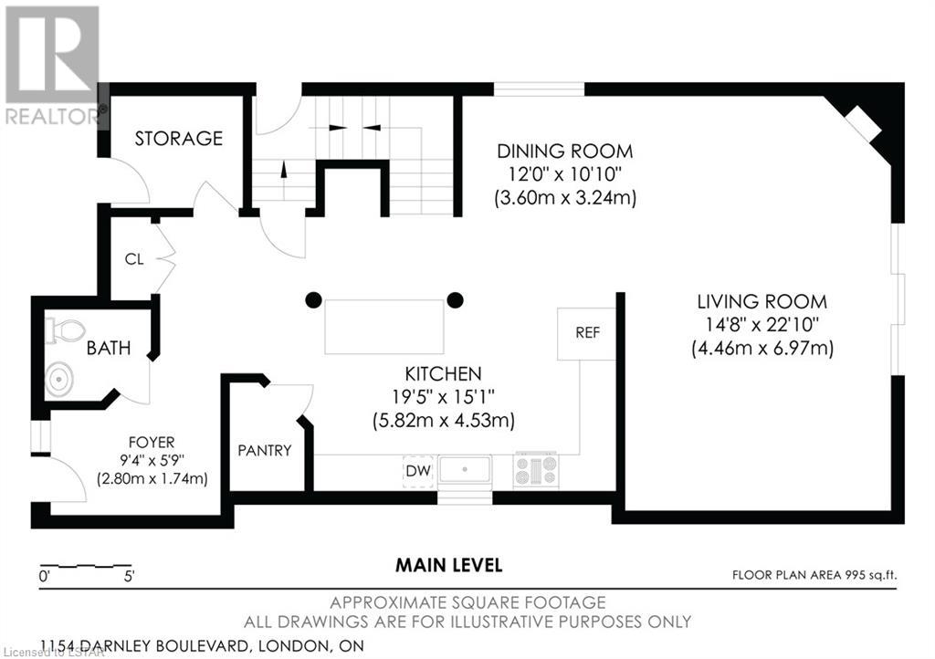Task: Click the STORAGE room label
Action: click(x=178, y=138)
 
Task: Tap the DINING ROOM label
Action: click(x=564, y=152)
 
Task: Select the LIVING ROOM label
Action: click(x=762, y=301)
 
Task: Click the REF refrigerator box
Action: click(x=587, y=334)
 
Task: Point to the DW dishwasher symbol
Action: click(x=418, y=471)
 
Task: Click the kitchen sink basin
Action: click(x=465, y=469)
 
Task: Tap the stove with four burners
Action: click(x=537, y=469)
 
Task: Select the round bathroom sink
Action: click(x=59, y=378)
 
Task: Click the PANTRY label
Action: click(x=265, y=451)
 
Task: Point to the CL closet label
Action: click(x=134, y=259)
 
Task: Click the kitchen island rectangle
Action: click(x=384, y=327)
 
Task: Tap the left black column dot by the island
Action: click(x=314, y=299)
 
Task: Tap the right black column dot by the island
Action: click(x=455, y=299)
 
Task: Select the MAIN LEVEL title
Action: click(x=449, y=565)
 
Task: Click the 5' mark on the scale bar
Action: click(x=129, y=576)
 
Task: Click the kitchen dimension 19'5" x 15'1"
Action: click(x=444, y=396)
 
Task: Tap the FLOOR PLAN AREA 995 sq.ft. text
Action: click(x=814, y=575)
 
